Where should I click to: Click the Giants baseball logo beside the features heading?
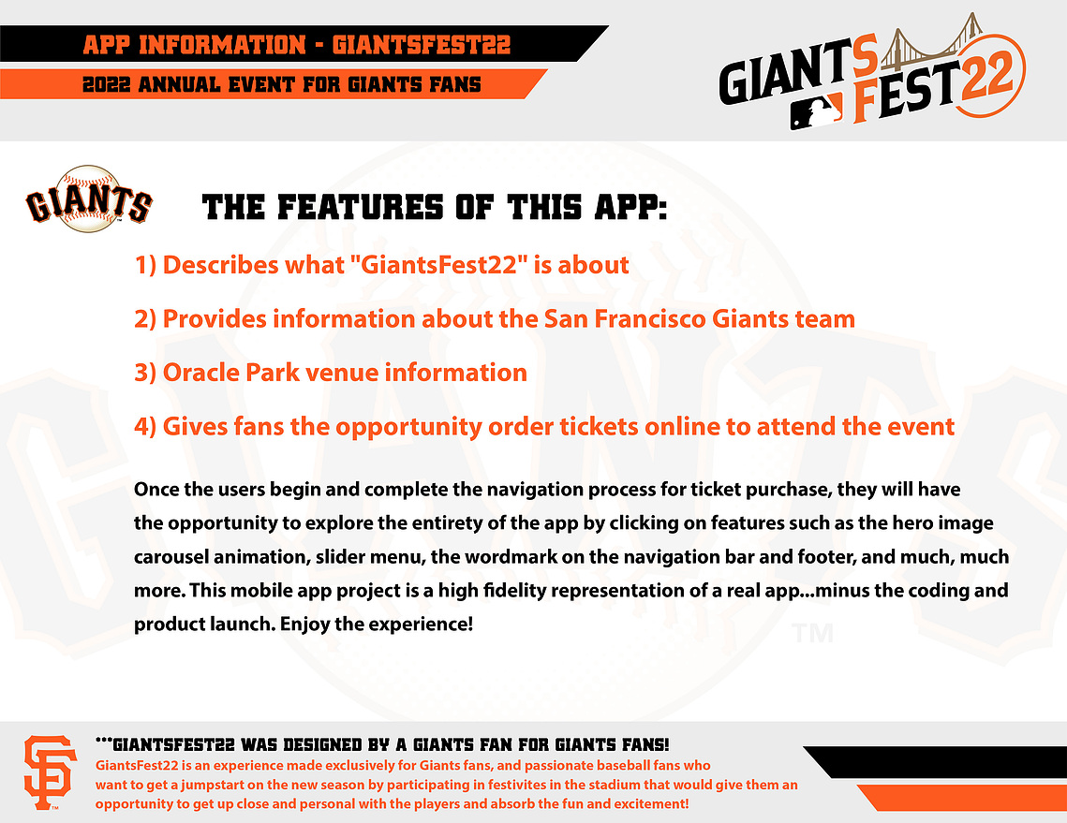pos(89,199)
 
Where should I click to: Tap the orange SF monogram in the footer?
pos(50,772)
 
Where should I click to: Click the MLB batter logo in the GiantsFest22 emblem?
pos(816,110)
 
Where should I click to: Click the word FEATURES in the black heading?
pos(361,208)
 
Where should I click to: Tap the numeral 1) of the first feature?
pos(145,265)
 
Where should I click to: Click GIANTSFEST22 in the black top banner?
pos(422,45)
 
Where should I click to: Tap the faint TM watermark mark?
pos(812,634)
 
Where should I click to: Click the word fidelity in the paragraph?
pos(514,591)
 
